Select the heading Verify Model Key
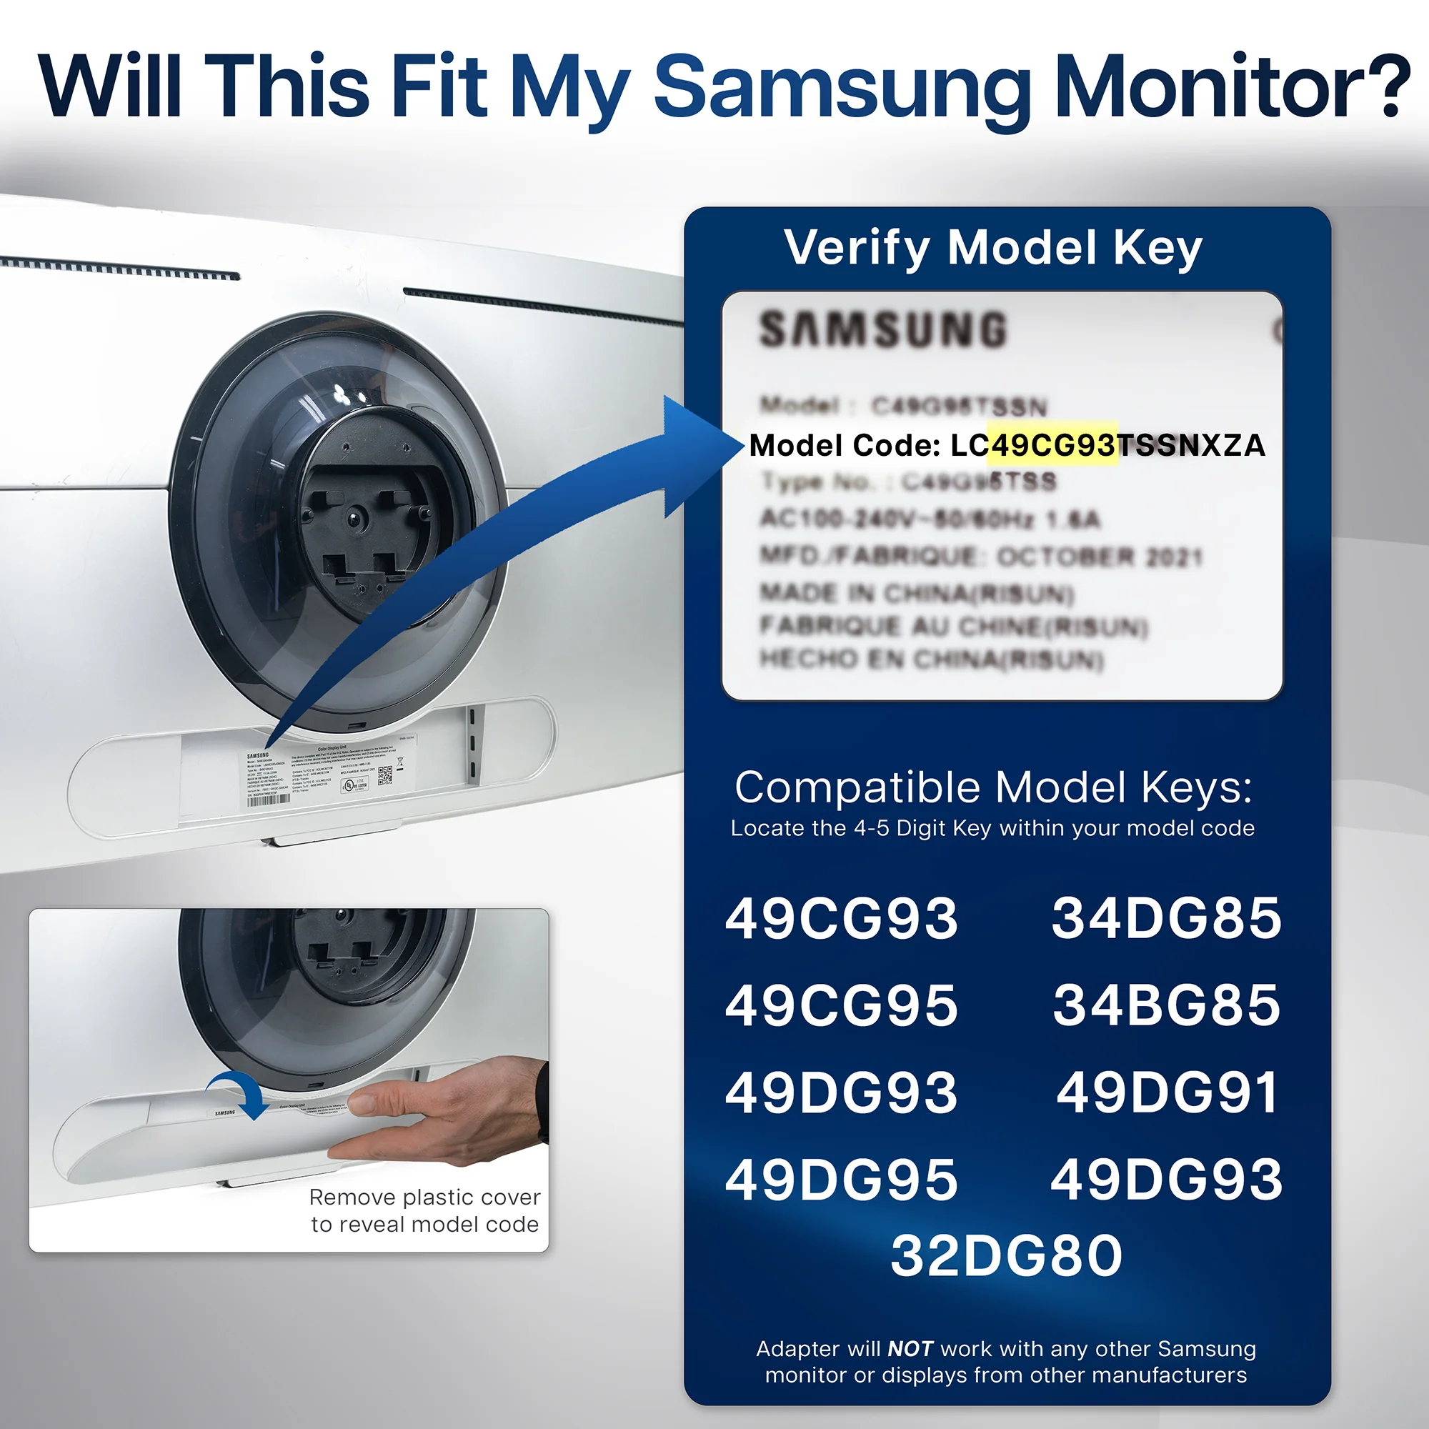[993, 248]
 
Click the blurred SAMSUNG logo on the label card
[883, 329]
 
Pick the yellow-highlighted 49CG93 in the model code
[1052, 445]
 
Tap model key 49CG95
[842, 1005]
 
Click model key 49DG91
[1167, 1092]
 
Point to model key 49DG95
[842, 1179]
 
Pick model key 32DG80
[1007, 1256]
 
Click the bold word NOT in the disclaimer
[910, 1349]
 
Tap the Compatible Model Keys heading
[993, 787]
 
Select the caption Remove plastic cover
[424, 1197]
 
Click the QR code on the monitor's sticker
[385, 775]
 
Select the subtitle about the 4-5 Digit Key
[992, 827]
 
